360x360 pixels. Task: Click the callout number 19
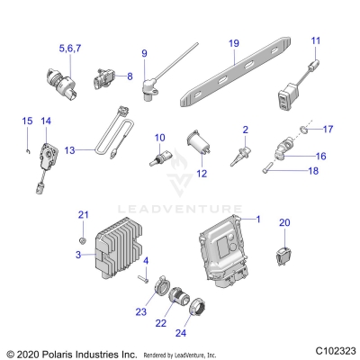coord(233,42)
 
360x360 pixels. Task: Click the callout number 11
coord(315,41)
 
